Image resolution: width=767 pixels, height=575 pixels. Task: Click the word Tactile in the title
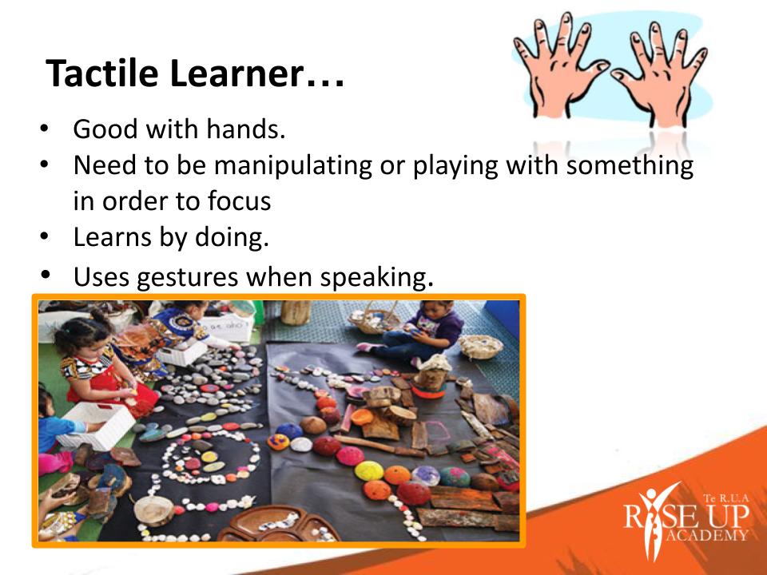[101, 73]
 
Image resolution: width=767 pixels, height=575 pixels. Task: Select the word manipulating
[293, 166]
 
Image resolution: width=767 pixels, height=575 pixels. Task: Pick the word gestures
[187, 278]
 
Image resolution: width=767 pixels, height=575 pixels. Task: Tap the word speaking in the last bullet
[374, 278]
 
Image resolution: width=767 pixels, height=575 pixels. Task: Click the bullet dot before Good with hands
[45, 129]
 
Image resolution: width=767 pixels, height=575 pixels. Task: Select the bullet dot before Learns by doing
[45, 236]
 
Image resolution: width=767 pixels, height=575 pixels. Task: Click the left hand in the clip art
[560, 65]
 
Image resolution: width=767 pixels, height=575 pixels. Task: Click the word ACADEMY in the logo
[707, 534]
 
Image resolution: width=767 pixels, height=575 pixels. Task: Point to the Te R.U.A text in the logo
[726, 498]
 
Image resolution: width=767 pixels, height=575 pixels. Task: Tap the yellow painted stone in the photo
[369, 470]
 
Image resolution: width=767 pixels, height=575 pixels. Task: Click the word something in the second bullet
[630, 166]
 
